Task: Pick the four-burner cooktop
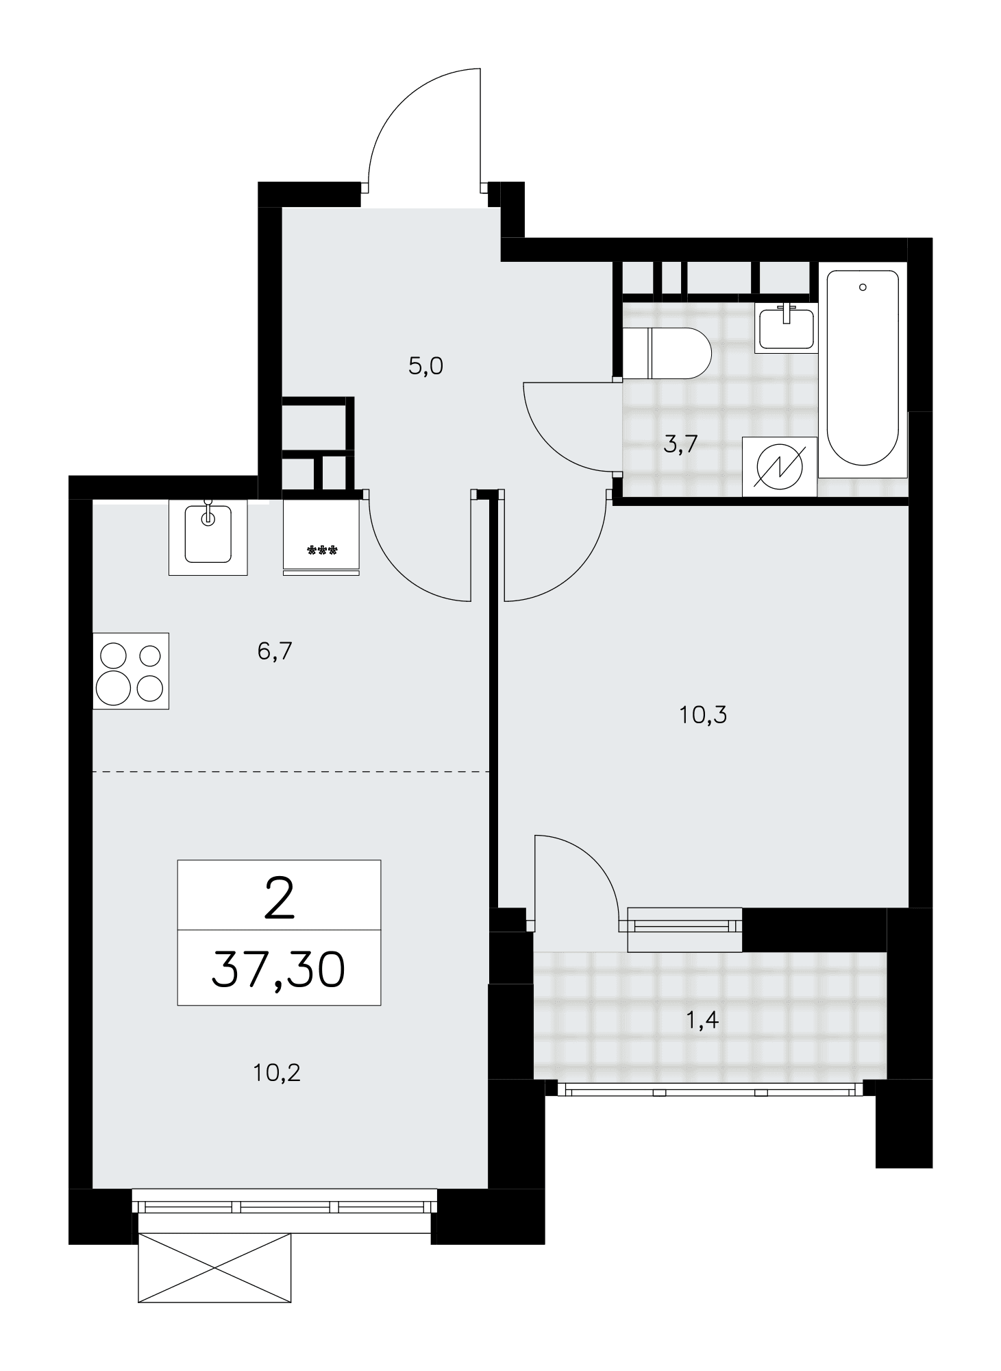click(131, 670)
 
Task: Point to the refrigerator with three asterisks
click(321, 535)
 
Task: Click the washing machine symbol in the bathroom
click(780, 466)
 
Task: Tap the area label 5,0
click(425, 367)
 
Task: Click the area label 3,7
click(680, 445)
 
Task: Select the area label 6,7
click(275, 651)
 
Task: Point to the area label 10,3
click(703, 716)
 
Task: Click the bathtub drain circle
click(863, 287)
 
